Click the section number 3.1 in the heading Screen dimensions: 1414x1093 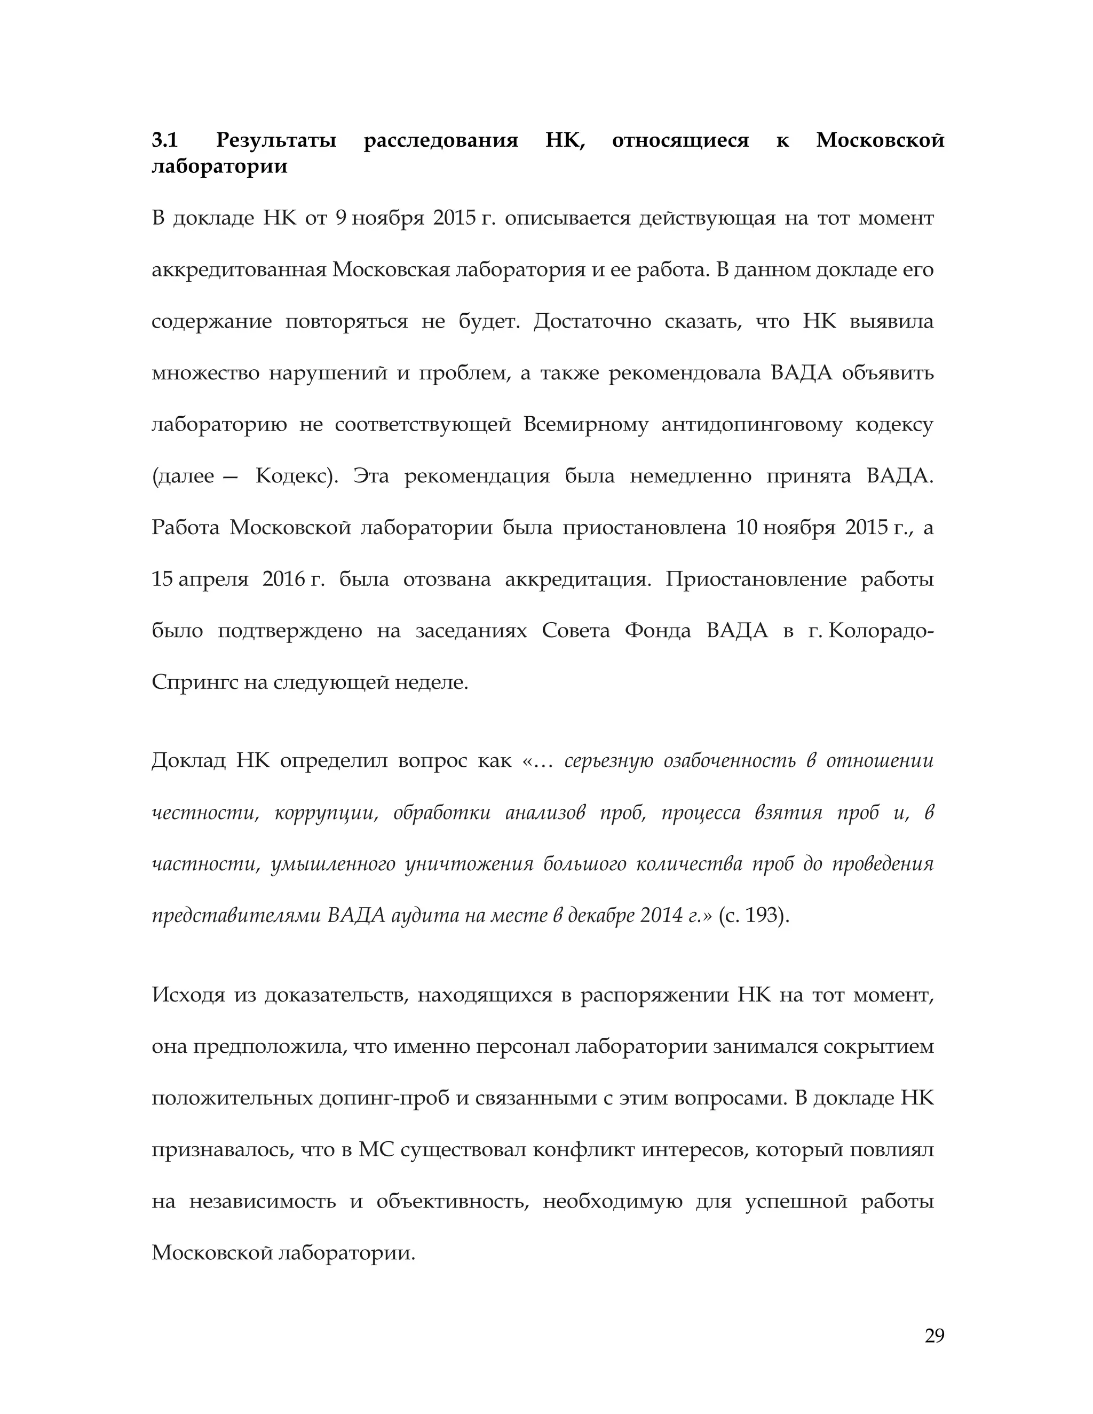(x=164, y=140)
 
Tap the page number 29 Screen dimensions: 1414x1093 (x=934, y=1336)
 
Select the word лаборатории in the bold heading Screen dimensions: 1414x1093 (x=219, y=166)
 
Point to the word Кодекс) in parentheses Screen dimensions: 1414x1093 (x=297, y=476)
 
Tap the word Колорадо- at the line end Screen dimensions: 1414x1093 (x=881, y=631)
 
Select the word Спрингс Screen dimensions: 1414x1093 (x=194, y=682)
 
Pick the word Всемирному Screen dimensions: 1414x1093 (x=585, y=425)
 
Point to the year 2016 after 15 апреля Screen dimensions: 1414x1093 (x=285, y=579)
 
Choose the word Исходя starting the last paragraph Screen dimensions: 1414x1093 (x=188, y=996)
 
